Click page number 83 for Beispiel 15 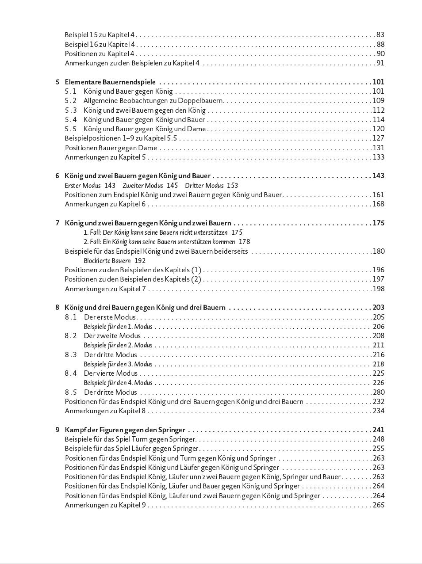[380, 34]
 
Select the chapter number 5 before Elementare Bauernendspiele [58, 82]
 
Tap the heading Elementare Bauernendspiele [110, 82]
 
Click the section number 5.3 [71, 110]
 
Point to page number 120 [378, 129]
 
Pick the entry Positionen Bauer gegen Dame [111, 148]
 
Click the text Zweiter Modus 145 [150, 186]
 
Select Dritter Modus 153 [211, 186]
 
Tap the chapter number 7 [58, 223]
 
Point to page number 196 [378, 270]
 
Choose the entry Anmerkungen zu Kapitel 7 [105, 289]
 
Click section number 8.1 [71, 317]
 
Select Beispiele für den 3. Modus [118, 364]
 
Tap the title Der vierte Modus [111, 373]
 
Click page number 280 [378, 392]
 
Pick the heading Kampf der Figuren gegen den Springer [125, 430]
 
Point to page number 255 [378, 448]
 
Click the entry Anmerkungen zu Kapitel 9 [105, 505]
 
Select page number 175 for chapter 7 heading [378, 223]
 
